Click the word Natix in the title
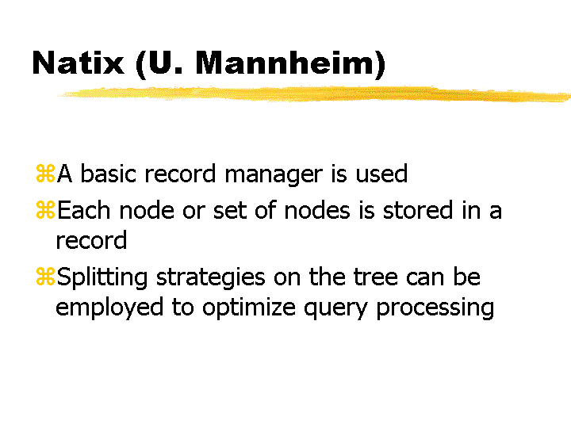point(79,63)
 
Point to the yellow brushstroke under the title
point(314,94)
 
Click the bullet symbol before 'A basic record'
point(45,174)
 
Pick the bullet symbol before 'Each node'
point(45,210)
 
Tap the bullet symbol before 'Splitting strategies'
point(45,277)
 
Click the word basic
point(108,173)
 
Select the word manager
point(274,175)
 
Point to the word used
point(381,173)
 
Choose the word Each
point(83,210)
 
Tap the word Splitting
point(102,278)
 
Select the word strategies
point(211,278)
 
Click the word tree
point(375,277)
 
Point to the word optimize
point(249,308)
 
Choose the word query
point(335,309)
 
